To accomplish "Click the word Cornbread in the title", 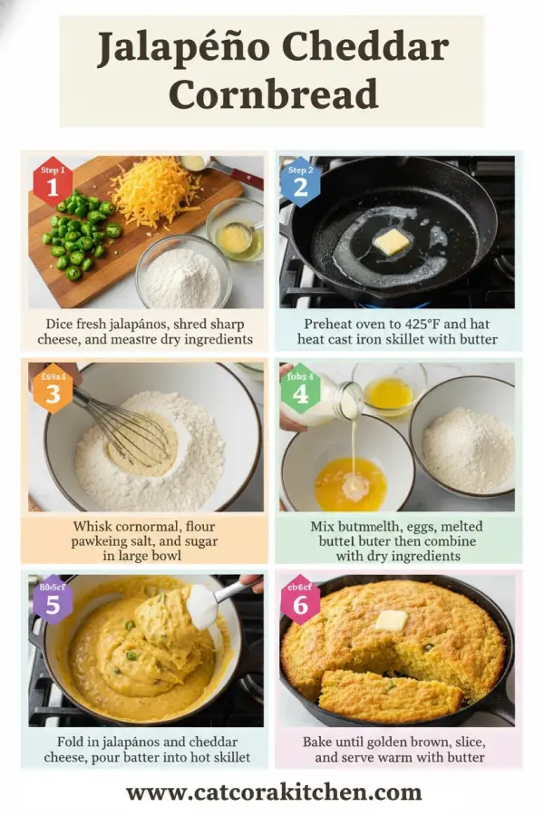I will [272, 94].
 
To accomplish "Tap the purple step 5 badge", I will [53, 598].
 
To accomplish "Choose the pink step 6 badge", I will [299, 598].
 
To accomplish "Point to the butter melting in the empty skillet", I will [392, 241].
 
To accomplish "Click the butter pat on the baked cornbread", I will [391, 620].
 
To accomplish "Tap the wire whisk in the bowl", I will [127, 426].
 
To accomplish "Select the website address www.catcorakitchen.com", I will [273, 792].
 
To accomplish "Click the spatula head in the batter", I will [201, 606].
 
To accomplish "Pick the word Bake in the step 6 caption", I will [321, 742].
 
